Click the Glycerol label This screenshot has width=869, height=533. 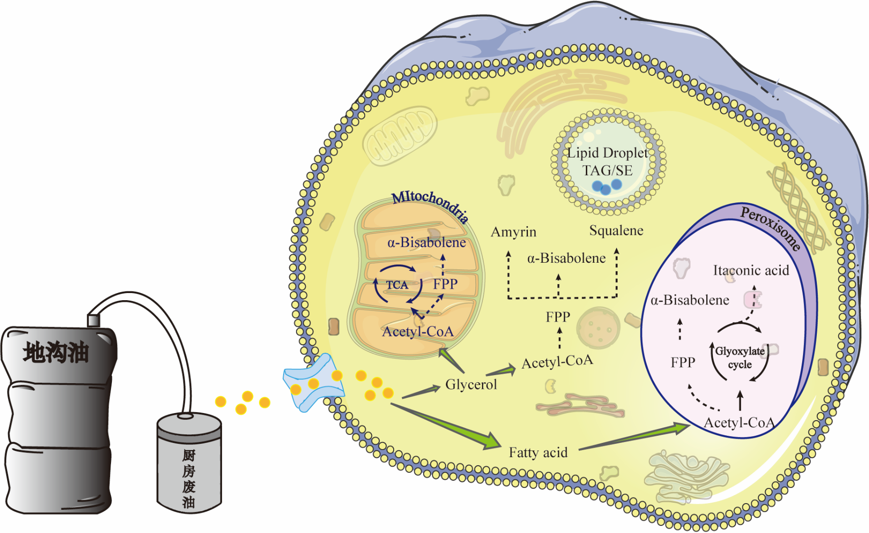[x=471, y=384]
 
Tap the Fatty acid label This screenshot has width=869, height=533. [x=538, y=452]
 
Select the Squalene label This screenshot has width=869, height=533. [x=616, y=230]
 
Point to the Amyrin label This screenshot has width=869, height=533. [x=513, y=232]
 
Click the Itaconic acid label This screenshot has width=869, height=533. [x=751, y=270]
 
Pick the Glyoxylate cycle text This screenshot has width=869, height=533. [x=740, y=358]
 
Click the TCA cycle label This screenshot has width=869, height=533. [x=397, y=285]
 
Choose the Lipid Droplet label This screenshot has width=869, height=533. [x=608, y=153]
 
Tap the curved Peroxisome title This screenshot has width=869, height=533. [x=771, y=228]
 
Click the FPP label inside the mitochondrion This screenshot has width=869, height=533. [x=445, y=284]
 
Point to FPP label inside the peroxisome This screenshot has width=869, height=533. [x=683, y=363]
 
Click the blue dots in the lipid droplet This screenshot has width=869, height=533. [x=607, y=186]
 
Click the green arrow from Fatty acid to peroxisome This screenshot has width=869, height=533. [x=636, y=436]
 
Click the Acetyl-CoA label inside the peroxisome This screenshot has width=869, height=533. [x=739, y=423]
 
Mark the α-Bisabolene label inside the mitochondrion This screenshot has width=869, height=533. [x=426, y=243]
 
